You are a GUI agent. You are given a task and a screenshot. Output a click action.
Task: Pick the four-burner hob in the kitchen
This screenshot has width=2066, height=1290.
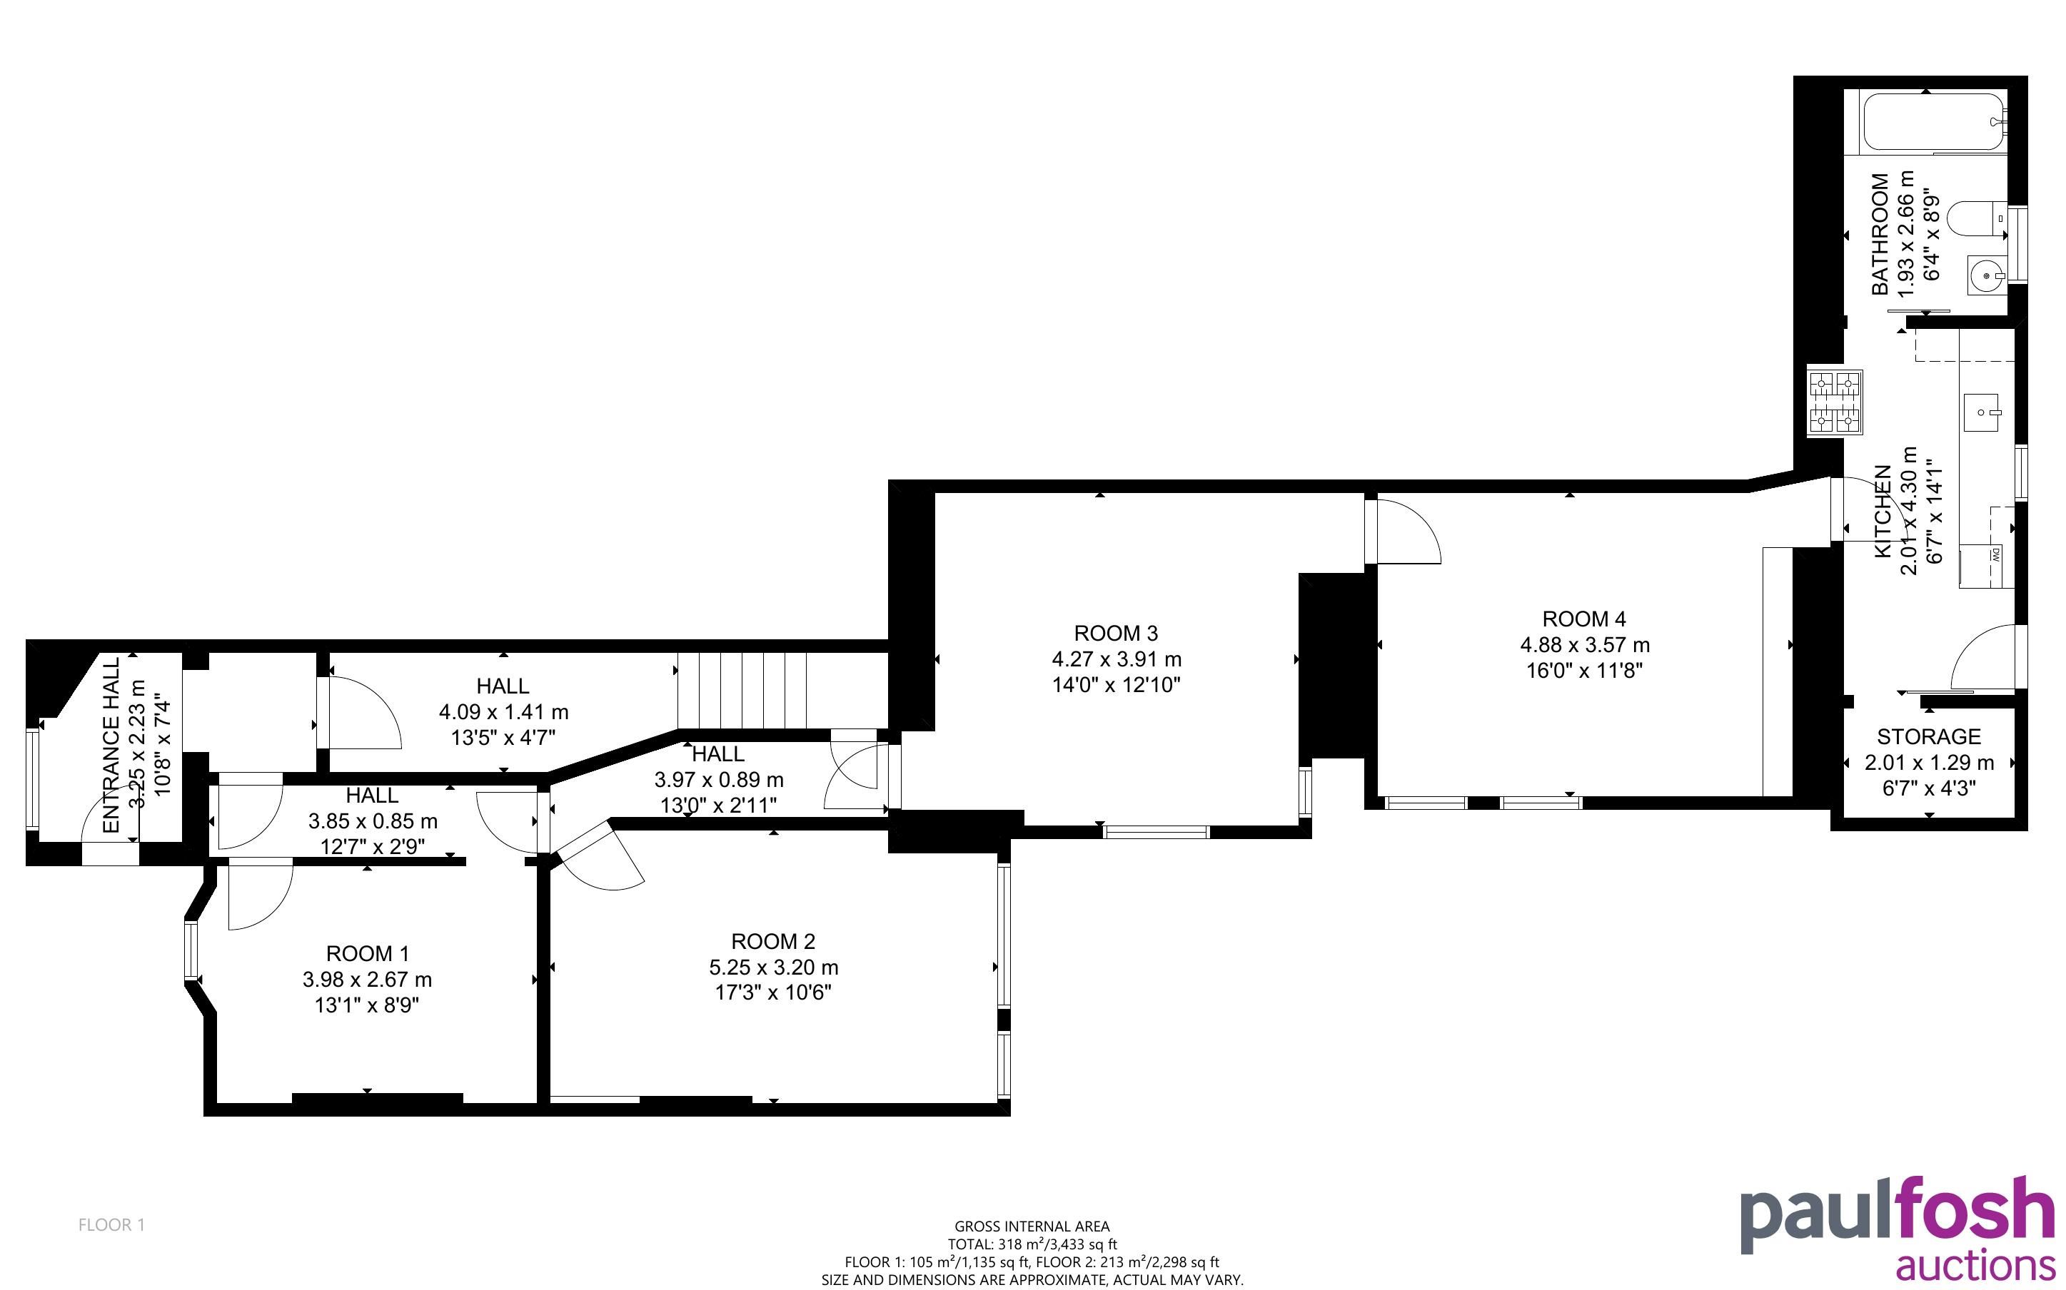point(1835,402)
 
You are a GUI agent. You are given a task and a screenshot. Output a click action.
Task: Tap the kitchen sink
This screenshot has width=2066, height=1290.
point(1982,415)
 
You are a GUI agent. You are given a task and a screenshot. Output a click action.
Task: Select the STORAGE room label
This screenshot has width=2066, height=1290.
point(1929,736)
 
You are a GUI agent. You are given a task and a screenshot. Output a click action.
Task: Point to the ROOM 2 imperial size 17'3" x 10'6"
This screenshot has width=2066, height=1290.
point(773,993)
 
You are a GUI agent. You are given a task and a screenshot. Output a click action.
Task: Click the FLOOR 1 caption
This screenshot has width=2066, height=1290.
point(112,1225)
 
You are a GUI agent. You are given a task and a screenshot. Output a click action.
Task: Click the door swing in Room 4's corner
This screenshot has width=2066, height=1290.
point(1403,531)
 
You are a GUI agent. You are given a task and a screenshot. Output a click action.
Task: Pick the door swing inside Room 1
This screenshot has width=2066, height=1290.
point(261,893)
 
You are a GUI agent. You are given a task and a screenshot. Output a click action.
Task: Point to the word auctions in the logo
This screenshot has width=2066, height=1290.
point(1975,1268)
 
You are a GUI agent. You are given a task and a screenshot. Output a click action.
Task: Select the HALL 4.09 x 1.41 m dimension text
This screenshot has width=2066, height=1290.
point(503,711)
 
